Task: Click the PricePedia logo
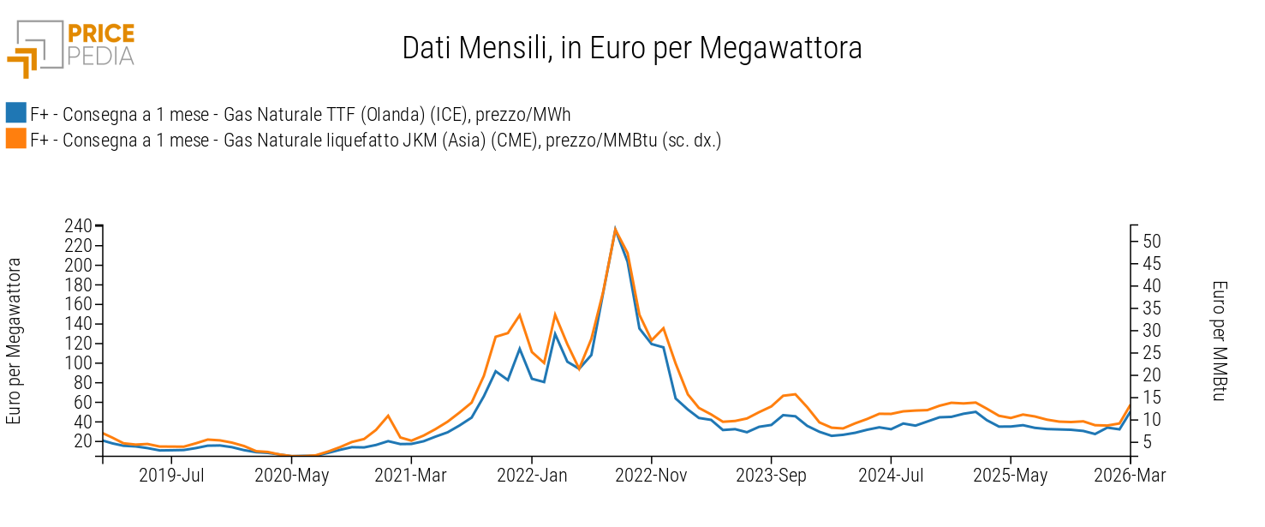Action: pos(70,48)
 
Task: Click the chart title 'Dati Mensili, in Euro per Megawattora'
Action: pos(632,48)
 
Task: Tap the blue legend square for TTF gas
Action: pos(15,113)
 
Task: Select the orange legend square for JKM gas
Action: pos(15,139)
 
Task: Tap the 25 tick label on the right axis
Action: pos(1152,353)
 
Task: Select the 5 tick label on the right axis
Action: pos(1149,442)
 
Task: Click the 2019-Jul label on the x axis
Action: pos(172,476)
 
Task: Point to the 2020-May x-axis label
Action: pos(291,476)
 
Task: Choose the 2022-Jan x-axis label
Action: pos(532,476)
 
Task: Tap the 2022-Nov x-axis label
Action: pos(652,476)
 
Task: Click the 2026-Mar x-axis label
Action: pos(1130,476)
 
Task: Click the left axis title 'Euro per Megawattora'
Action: pos(14,342)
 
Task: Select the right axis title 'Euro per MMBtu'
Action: pos(1220,342)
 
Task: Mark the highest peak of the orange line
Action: pos(615,229)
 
